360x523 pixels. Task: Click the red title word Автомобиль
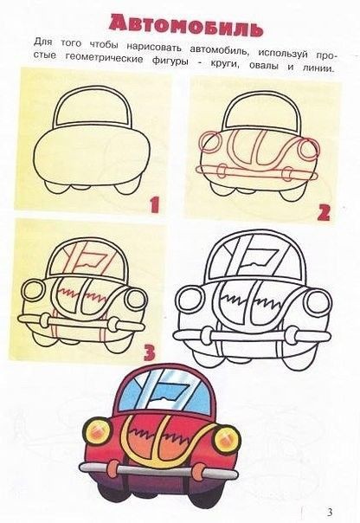pos(186,26)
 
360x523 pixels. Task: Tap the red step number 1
pos(154,205)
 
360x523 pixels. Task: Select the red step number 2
pos(324,212)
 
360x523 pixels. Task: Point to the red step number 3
pos(150,352)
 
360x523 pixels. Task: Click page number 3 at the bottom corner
pos(330,512)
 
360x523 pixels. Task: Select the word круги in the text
pos(226,64)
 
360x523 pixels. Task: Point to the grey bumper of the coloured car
pos(159,470)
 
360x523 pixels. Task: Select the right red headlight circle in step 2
pos(309,150)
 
